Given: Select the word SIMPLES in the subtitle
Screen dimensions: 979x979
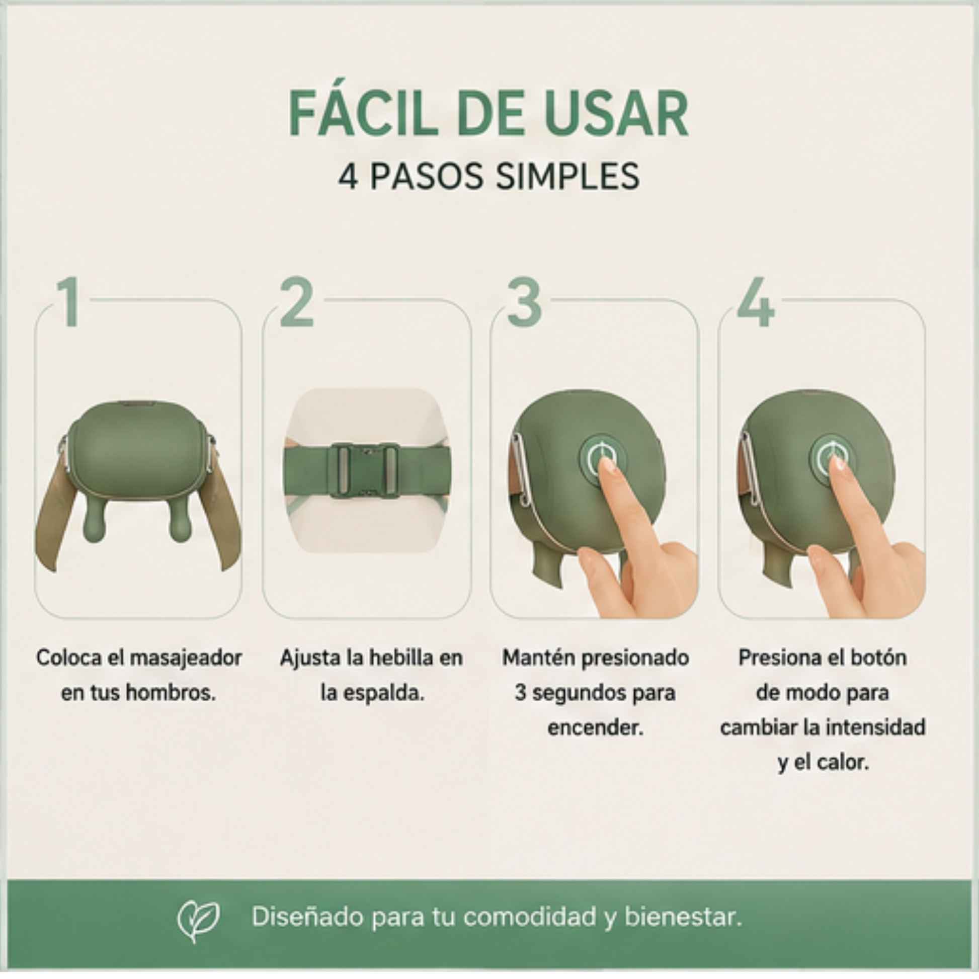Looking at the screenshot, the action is (x=567, y=177).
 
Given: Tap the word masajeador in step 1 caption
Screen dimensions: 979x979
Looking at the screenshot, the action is (x=186, y=658).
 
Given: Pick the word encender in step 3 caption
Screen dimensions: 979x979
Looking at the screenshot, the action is (x=596, y=727).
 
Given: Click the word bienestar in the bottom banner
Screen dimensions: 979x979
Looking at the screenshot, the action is (x=683, y=918).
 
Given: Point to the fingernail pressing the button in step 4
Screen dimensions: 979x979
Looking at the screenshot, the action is (x=837, y=462).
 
